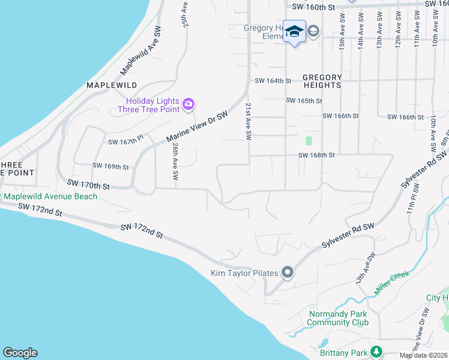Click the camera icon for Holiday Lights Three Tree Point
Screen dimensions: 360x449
[188, 105]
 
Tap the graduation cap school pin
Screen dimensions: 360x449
[295, 31]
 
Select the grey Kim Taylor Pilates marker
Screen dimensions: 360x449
[288, 273]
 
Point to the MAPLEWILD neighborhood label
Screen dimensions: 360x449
[112, 85]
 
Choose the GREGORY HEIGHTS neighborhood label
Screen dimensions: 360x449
[322, 81]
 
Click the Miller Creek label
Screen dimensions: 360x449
[391, 282]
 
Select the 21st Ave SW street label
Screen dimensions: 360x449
[247, 122]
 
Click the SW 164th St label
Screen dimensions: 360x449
[273, 81]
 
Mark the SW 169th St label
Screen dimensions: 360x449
[110, 166]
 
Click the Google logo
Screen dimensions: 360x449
[20, 353]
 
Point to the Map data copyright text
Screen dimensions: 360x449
[423, 355]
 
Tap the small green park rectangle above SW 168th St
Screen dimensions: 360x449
[309, 140]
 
